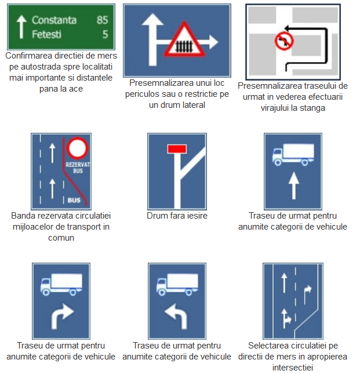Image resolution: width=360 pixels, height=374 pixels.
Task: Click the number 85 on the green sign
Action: [101, 20]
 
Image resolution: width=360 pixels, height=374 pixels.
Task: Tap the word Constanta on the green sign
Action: [54, 20]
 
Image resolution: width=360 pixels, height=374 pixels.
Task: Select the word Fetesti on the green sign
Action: [46, 34]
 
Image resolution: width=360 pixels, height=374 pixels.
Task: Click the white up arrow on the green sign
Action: [21, 27]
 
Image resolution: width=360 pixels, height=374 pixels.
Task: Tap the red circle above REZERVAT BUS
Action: [75, 148]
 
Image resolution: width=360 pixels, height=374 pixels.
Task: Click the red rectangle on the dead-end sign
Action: [176, 149]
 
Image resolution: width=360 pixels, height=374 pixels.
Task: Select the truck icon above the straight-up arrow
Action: [293, 154]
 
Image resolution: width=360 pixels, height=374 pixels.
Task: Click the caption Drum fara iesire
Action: [177, 216]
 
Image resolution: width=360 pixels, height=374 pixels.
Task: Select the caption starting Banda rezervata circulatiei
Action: [61, 226]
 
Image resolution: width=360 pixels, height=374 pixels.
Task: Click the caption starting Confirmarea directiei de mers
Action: [61, 72]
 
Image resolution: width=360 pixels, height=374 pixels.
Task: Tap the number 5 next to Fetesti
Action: [105, 34]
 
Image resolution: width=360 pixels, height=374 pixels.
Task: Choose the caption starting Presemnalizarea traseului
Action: [292, 96]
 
